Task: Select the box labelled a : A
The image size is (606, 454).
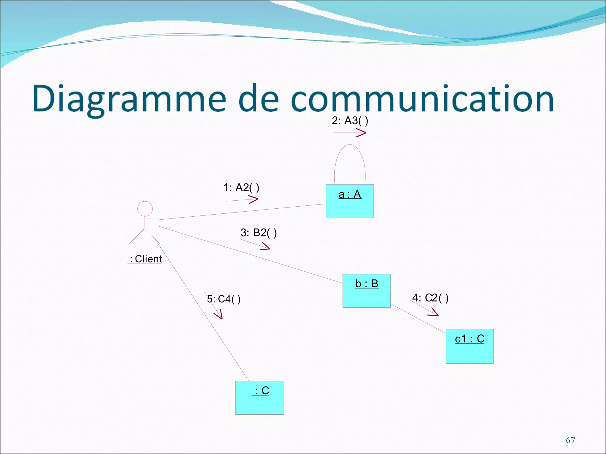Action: [x=350, y=201]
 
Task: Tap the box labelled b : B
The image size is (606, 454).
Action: [x=367, y=291]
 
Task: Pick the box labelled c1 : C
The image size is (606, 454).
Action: [x=470, y=346]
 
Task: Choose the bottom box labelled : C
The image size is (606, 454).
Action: [x=260, y=398]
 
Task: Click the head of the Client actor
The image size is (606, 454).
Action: [x=145, y=209]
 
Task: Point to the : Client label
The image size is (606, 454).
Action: [x=145, y=259]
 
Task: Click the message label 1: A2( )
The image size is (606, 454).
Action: [x=241, y=188]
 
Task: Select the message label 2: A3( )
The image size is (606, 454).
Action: [x=350, y=121]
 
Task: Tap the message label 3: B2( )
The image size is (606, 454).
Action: [x=259, y=233]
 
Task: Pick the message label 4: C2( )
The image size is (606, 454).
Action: [x=430, y=298]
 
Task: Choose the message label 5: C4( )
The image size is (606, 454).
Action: [x=224, y=299]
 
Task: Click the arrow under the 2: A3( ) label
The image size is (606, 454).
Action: [x=350, y=133]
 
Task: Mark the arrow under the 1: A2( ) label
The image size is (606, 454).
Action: [x=242, y=200]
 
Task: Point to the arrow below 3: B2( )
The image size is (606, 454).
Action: [x=255, y=244]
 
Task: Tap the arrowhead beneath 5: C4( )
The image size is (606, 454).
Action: [x=219, y=315]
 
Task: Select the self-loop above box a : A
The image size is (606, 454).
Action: [x=350, y=145]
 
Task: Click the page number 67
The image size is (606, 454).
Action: [x=570, y=440]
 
